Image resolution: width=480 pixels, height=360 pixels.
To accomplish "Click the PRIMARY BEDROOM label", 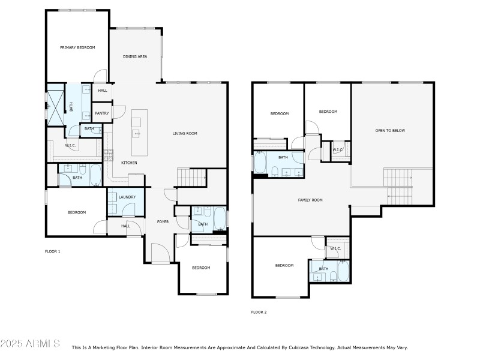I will pos(77,47).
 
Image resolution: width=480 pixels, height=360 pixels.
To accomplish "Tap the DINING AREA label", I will pos(135,57).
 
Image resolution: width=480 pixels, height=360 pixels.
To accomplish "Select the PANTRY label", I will pos(101,113).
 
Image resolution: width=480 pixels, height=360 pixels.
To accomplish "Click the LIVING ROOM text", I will pos(185,134).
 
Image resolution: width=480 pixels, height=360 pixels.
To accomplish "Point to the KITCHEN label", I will pos(130,163).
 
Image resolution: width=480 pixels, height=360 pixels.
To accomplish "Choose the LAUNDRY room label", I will pos(127,197).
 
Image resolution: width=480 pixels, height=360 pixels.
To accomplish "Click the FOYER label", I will pos(163,222).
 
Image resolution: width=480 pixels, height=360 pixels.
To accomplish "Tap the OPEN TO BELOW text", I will pos(390,130).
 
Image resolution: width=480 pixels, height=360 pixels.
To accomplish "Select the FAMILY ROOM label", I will pos(310,200).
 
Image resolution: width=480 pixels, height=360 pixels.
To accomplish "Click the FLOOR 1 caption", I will pos(53,251).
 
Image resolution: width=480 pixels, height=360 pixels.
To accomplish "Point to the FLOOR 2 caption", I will pos(259,312).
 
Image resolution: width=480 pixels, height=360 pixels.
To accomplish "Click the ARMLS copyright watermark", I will pos(30,344).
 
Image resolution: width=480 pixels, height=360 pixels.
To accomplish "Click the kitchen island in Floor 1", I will pos(139,131).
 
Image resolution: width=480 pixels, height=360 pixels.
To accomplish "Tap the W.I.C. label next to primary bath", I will pos(70,146).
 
